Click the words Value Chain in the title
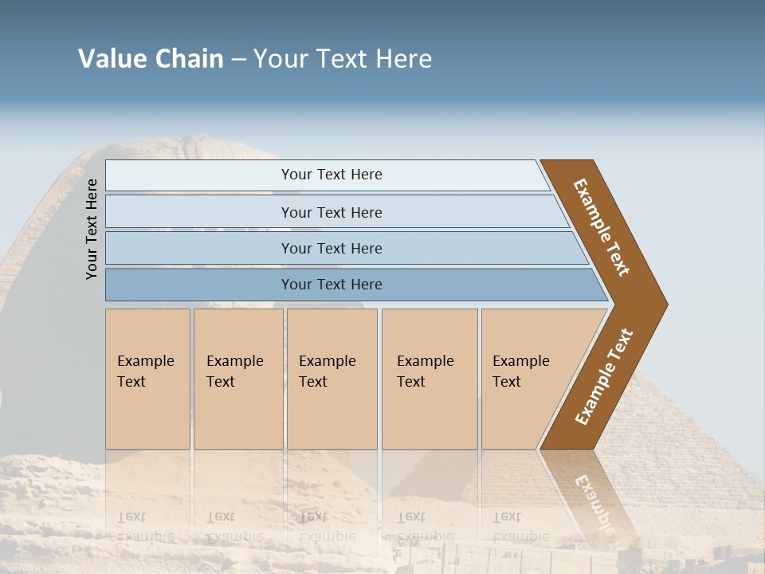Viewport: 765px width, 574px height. point(151,59)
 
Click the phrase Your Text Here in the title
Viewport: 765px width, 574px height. point(343,59)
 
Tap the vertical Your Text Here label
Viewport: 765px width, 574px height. point(92,229)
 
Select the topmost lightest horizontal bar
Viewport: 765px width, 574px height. point(327,175)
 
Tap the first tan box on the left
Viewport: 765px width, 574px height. point(147,379)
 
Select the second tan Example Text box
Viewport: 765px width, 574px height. point(237,379)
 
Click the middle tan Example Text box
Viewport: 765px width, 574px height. point(331,379)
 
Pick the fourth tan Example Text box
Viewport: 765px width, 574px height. point(429,379)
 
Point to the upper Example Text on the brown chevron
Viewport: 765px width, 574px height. point(602,227)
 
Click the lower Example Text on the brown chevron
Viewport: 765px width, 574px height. point(604,376)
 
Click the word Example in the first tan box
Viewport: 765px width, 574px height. point(145,361)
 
